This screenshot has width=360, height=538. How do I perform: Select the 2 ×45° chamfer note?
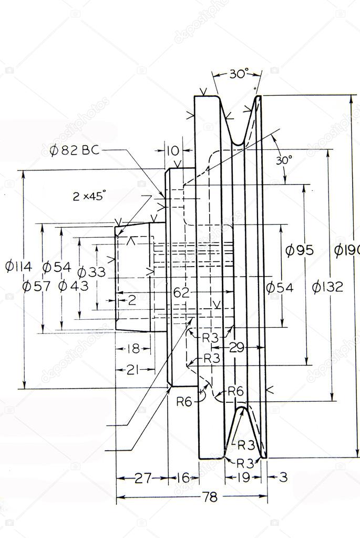pyautogui.click(x=89, y=197)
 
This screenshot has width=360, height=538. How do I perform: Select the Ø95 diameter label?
pyautogui.click(x=299, y=250)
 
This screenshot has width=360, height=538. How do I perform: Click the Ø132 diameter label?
pyautogui.click(x=327, y=287)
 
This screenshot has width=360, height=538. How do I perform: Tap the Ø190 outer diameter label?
pyautogui.click(x=347, y=251)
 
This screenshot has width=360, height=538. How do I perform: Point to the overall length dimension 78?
pyautogui.click(x=210, y=497)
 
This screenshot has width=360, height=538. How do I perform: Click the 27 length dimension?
pyautogui.click(x=141, y=478)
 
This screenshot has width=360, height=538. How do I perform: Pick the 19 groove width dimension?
pyautogui.click(x=243, y=478)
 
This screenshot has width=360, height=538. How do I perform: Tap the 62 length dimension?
pyautogui.click(x=181, y=292)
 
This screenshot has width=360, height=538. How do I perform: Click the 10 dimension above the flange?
pyautogui.click(x=172, y=151)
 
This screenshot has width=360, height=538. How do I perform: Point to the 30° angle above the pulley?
pyautogui.click(x=238, y=74)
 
